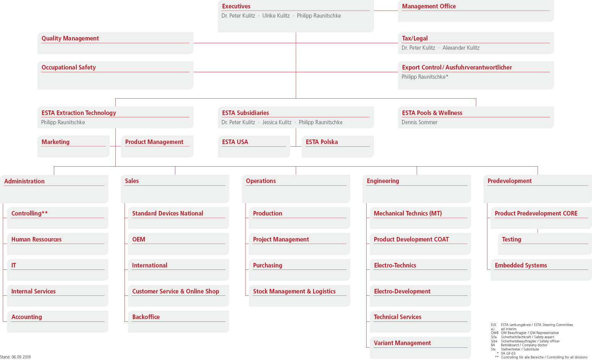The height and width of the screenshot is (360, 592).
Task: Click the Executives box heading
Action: (x=236, y=6)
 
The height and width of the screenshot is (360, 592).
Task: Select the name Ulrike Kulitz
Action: (x=276, y=16)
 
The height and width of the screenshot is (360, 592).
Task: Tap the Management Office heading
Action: (x=429, y=6)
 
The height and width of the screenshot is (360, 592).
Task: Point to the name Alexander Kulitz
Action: (x=461, y=48)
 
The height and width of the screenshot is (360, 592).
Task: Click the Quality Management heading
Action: (x=70, y=38)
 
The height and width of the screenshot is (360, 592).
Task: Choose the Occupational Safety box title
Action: (x=68, y=67)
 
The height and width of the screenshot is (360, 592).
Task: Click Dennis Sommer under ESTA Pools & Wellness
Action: (x=419, y=122)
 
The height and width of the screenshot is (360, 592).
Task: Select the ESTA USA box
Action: (x=254, y=146)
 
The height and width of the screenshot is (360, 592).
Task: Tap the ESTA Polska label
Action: (x=322, y=142)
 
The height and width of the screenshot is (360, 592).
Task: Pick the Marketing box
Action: (x=73, y=146)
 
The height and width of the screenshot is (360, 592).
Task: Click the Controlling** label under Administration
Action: (x=29, y=214)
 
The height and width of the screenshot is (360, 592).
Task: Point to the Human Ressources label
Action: (x=36, y=239)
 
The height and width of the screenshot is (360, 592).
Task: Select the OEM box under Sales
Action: (x=178, y=244)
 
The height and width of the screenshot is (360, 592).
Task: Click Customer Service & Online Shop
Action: (x=175, y=291)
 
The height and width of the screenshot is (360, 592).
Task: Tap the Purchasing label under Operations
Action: (x=267, y=265)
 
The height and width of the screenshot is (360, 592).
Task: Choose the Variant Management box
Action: (x=420, y=347)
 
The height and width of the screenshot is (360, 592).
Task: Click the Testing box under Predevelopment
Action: (x=545, y=244)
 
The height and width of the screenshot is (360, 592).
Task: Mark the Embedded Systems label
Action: (x=521, y=265)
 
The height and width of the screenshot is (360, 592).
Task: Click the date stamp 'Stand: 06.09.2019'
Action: (x=15, y=357)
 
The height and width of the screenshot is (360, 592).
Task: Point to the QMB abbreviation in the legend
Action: (x=495, y=333)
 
